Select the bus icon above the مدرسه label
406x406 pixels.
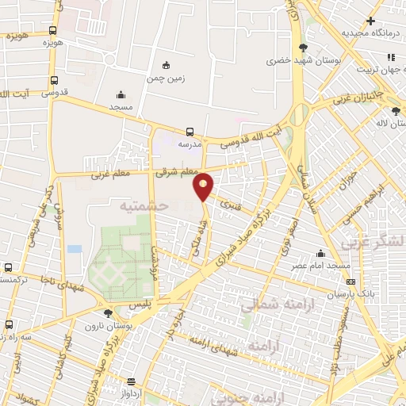tap(190, 132)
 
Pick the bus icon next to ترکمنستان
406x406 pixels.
tap(8, 267)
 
